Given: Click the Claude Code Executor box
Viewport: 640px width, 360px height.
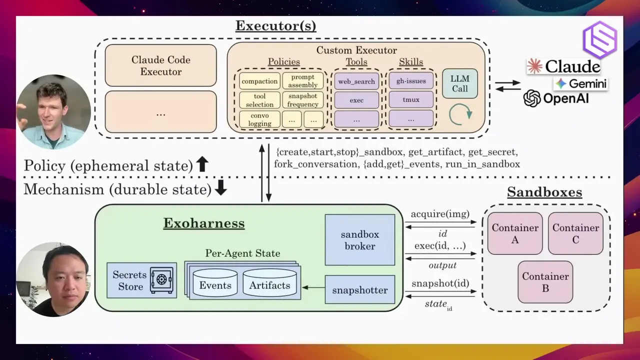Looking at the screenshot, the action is point(161,65).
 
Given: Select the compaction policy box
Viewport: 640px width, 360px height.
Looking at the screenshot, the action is point(259,81).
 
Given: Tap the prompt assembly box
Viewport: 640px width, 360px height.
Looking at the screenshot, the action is point(303,81).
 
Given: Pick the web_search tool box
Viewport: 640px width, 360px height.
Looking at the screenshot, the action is point(356,81).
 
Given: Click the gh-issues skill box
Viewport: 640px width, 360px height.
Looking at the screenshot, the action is point(411,81).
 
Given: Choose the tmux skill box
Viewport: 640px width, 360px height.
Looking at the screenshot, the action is point(411,99).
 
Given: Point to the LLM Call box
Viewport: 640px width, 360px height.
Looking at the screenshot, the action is point(459,83).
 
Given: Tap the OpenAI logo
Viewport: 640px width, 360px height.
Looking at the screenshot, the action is point(531,98).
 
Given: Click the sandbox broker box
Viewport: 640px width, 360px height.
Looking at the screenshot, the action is point(360,240).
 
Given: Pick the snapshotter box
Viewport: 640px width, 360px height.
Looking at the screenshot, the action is point(360,289).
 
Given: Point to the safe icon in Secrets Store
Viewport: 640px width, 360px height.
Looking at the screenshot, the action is point(161,280).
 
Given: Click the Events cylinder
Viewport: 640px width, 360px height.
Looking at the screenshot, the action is point(215,282).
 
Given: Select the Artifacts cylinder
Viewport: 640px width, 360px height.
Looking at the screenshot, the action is point(269,282).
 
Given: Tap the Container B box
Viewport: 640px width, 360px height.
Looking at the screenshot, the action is point(545,282).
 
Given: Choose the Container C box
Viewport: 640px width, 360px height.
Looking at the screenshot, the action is point(575,233).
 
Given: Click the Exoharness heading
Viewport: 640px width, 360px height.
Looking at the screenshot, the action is point(204,223).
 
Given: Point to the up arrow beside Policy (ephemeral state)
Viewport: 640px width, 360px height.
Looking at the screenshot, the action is point(202,164).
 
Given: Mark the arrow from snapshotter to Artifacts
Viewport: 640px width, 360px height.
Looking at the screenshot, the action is point(313,287).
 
